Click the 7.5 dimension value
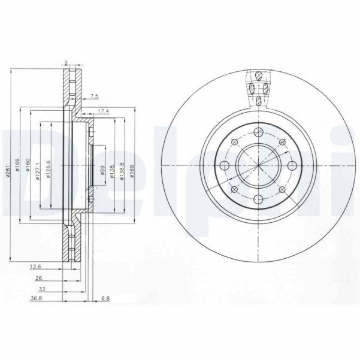click(93, 95)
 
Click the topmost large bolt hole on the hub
click(258, 133)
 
